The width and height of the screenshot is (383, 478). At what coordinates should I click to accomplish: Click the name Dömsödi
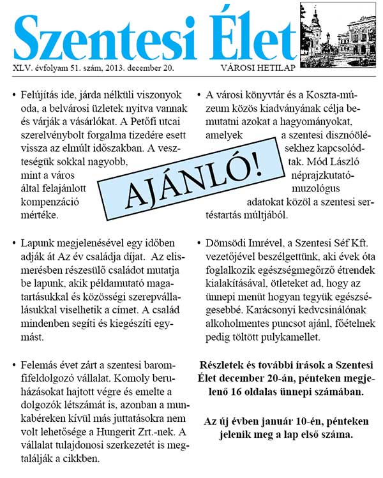click(228, 243)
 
